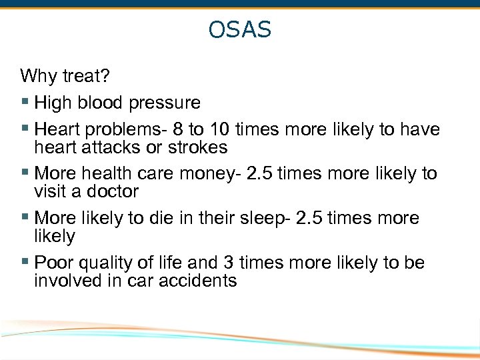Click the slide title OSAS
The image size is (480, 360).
pyautogui.click(x=239, y=30)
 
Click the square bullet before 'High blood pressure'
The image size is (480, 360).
pyautogui.click(x=25, y=103)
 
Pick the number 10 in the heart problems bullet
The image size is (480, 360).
pyautogui.click(x=226, y=129)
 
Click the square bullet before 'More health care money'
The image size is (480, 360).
pyautogui.click(x=25, y=173)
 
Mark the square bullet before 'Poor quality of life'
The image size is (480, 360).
pyautogui.click(x=25, y=263)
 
